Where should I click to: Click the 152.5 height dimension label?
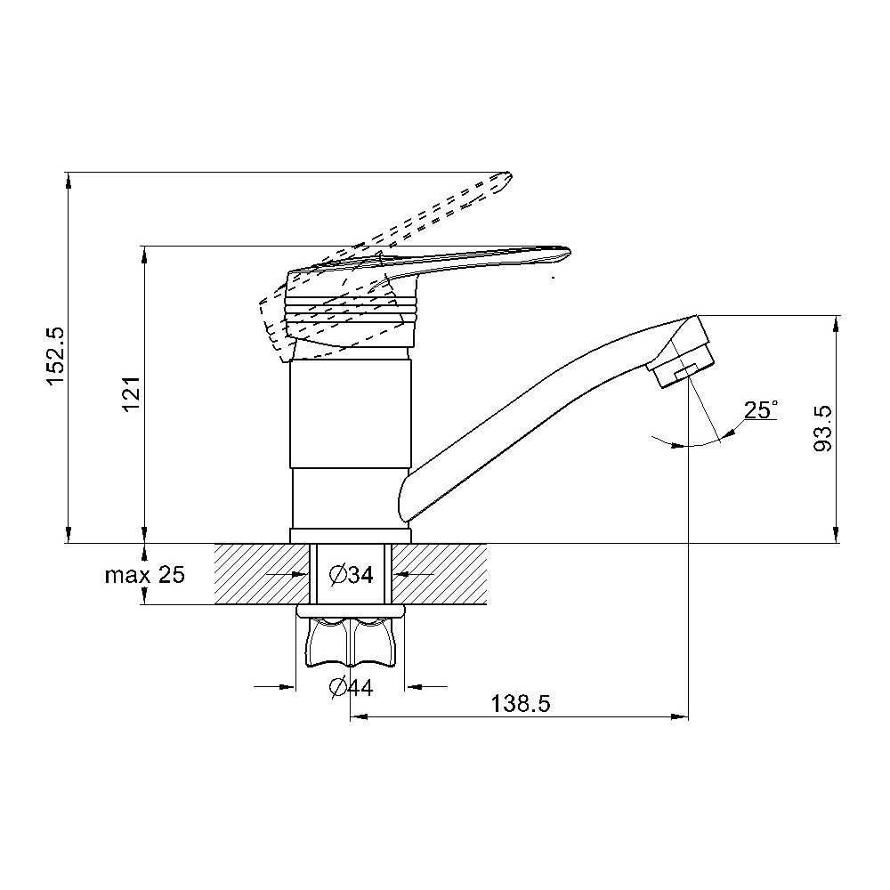coord(57,356)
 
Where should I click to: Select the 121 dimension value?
coord(131,394)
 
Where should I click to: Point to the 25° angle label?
coord(761,409)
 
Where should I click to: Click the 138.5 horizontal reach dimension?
coord(521,704)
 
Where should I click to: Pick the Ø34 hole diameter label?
coord(352,575)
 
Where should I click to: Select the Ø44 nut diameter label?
coord(352,688)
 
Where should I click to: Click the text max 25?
coord(145,575)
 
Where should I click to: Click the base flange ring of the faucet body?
coord(350,535)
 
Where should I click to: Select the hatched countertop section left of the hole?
coord(262,574)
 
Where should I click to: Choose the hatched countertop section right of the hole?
coord(440,574)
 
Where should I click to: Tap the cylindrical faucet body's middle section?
coord(350,414)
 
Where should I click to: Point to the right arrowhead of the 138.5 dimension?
coord(680,717)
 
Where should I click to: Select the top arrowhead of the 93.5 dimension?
coord(836,324)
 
